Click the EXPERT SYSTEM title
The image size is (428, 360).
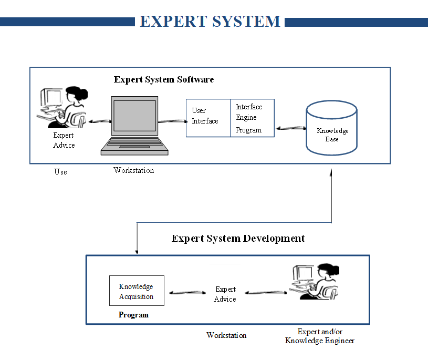coord(210,22)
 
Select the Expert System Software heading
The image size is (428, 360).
coord(164,80)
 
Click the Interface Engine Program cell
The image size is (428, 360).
coord(252,118)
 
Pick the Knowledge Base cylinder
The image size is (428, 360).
coord(332,130)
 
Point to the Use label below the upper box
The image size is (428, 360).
coord(60,172)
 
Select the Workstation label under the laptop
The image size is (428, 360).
coord(134,170)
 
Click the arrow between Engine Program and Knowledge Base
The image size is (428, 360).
coord(292,128)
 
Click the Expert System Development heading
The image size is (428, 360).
coord(238,239)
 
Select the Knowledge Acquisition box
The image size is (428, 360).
coord(137,291)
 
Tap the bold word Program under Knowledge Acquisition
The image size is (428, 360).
coord(133,315)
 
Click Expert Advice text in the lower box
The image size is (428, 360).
coord(225,294)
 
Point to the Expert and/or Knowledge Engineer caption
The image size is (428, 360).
coord(319,336)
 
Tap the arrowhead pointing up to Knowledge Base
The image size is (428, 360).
coord(332,172)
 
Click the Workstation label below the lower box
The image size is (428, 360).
coord(226,335)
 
